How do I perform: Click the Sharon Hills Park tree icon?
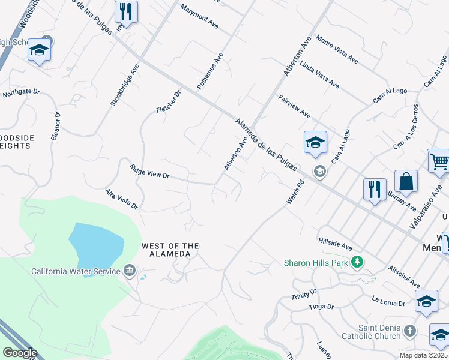pos(357,262)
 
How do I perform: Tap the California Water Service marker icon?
pos(129,271)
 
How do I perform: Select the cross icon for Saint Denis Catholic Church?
pos(409,331)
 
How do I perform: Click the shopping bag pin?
pos(406,182)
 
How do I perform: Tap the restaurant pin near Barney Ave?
pos(375,189)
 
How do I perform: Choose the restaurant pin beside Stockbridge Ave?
pos(126,11)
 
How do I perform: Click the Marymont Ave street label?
pos(199,18)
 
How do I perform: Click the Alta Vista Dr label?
pos(122,200)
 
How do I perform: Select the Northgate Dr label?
pos(21,93)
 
